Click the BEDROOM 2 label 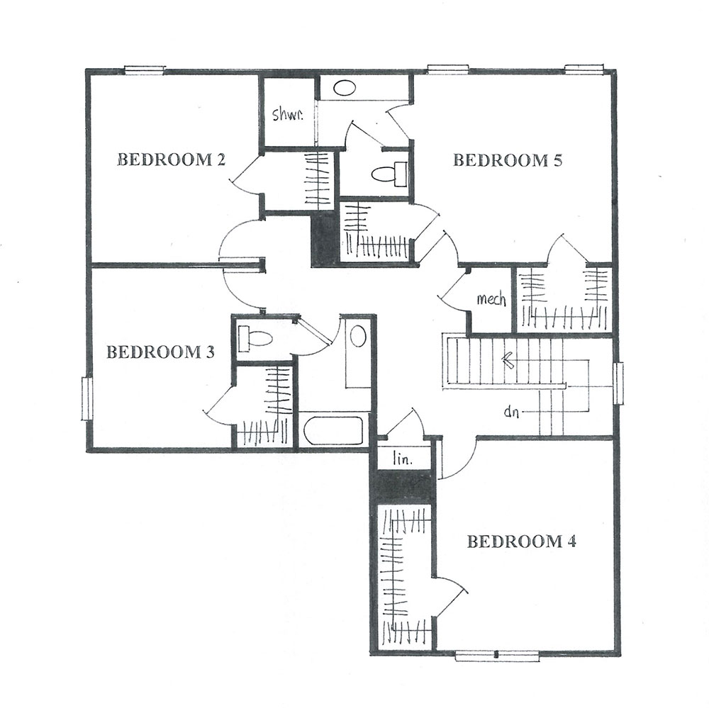[x=172, y=159]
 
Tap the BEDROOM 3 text [x=160, y=352]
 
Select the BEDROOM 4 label [x=521, y=541]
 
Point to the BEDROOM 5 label [x=508, y=160]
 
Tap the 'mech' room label [x=491, y=299]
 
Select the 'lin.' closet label [x=403, y=460]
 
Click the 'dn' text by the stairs [x=511, y=412]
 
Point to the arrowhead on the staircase [x=506, y=360]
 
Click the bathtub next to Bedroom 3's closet [x=333, y=430]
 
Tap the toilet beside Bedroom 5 [x=389, y=174]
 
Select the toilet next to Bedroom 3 [x=254, y=338]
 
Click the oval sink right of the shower [x=345, y=88]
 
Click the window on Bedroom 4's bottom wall [x=497, y=656]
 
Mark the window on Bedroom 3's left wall [x=86, y=398]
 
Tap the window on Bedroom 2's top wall [x=145, y=69]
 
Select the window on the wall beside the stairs [x=618, y=383]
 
